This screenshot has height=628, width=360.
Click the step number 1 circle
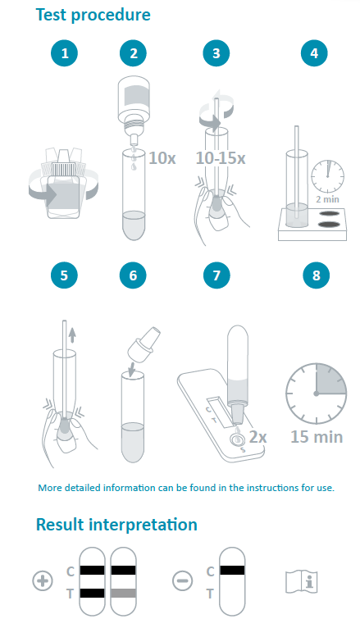click(x=64, y=52)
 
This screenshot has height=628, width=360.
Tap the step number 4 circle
click(x=314, y=52)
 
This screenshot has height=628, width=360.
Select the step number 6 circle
click(x=133, y=275)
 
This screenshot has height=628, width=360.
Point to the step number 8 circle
click(x=316, y=275)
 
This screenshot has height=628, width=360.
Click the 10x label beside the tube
click(x=162, y=158)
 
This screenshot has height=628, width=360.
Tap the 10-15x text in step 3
click(x=221, y=158)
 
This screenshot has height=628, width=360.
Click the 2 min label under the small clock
click(x=327, y=199)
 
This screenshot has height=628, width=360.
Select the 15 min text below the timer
click(x=317, y=436)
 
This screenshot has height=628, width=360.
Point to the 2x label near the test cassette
click(x=257, y=436)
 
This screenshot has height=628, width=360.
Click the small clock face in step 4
click(x=327, y=176)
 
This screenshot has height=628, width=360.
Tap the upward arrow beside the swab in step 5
click(x=71, y=334)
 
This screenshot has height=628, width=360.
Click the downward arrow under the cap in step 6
click(x=133, y=367)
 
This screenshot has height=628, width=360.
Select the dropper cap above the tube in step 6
click(x=144, y=343)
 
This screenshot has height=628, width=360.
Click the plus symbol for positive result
click(x=43, y=580)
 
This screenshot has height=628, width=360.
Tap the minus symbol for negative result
click(x=182, y=580)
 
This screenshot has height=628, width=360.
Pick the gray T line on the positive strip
click(x=123, y=593)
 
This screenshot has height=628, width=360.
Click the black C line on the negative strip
click(x=232, y=571)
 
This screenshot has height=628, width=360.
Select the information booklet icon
click(x=301, y=581)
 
